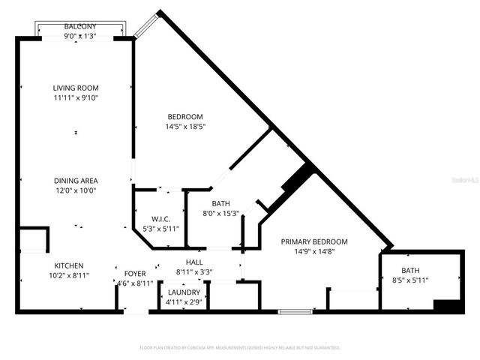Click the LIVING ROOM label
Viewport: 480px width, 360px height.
(75, 88)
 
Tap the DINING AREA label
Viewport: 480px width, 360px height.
(75, 181)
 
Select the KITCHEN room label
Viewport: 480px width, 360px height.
(68, 265)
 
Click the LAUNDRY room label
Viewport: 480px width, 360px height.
(184, 292)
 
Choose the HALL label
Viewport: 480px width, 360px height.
(194, 262)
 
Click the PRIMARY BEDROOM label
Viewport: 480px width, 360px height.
(314, 241)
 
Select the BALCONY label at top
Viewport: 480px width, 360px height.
(79, 26)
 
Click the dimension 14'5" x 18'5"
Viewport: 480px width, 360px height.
(184, 127)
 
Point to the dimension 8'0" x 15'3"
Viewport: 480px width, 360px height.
(220, 213)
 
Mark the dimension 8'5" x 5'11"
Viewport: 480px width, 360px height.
(410, 280)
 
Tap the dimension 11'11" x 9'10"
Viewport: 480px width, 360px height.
(75, 97)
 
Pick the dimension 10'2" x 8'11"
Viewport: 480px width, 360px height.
(68, 275)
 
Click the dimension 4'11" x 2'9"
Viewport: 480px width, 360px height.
(184, 301)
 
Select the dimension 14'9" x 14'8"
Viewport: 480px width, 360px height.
(314, 252)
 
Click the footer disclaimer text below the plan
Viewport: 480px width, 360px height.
(240, 347)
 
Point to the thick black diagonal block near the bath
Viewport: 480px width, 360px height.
(296, 182)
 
